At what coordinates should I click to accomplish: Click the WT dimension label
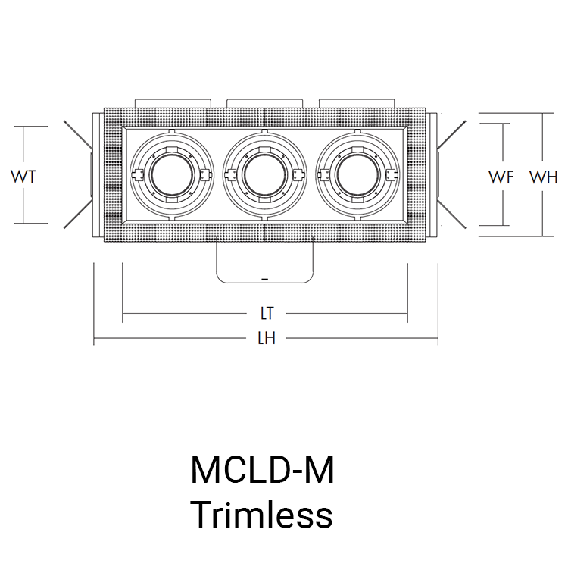pos(24,177)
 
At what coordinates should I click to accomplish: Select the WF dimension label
pos(501,177)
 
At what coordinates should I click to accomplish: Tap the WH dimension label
pos(543,177)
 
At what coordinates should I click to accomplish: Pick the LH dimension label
pos(265,338)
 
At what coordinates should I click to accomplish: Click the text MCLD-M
pos(261,471)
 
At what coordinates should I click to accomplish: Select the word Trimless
pos(261,515)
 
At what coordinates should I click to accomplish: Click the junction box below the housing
pos(264,262)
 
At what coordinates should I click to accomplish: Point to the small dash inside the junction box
pos(264,280)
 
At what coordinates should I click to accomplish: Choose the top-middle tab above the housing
pos(264,102)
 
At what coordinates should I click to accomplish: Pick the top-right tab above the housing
pos(357,102)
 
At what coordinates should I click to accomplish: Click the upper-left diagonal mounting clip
pos(77,134)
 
